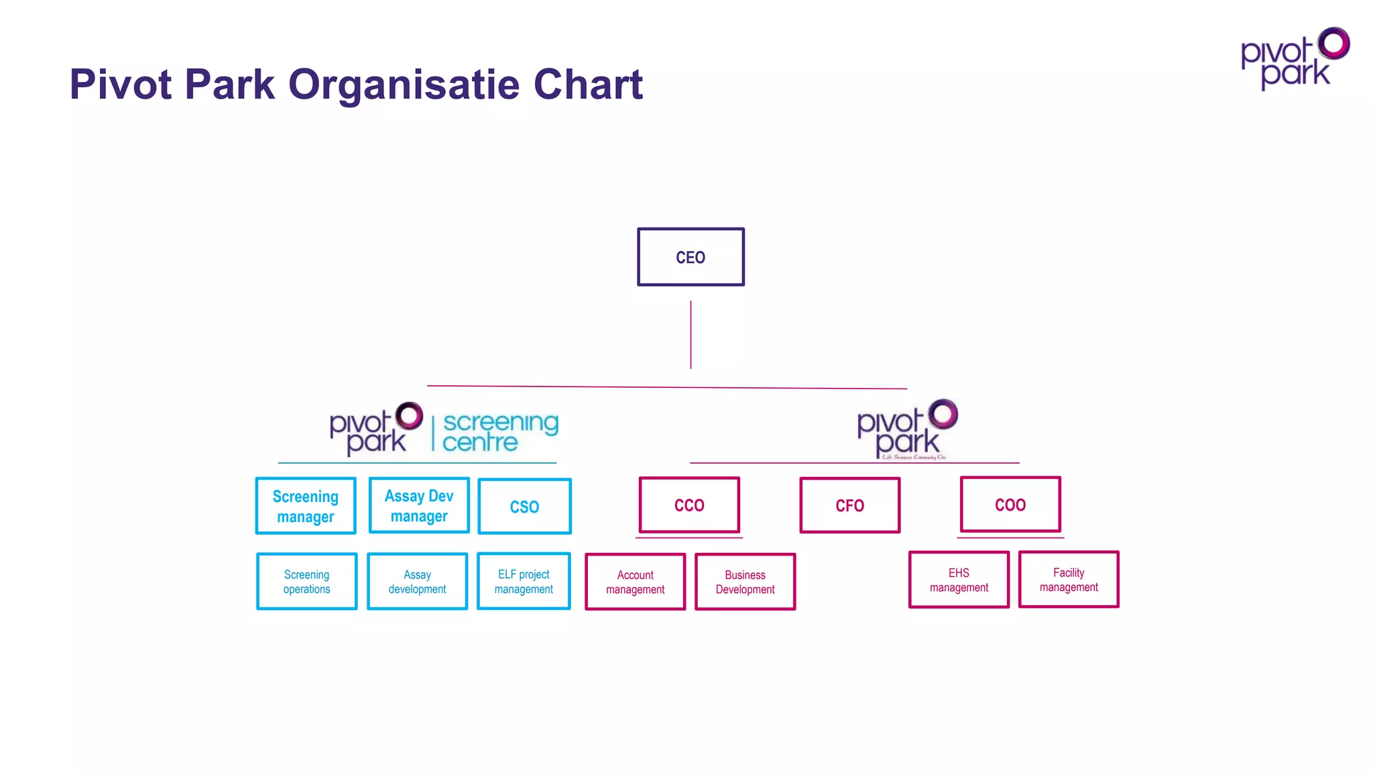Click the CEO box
691,257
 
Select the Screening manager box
306,506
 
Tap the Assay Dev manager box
419,505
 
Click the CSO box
524,507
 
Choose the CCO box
689,505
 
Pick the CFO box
849,505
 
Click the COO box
1010,505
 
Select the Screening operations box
306,581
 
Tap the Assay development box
417,581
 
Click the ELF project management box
524,581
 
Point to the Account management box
635,582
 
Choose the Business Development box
745,582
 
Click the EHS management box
959,580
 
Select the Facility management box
1069,579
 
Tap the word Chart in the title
588,85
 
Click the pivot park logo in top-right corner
1294,59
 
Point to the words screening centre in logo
499,432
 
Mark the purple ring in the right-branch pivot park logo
943,414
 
